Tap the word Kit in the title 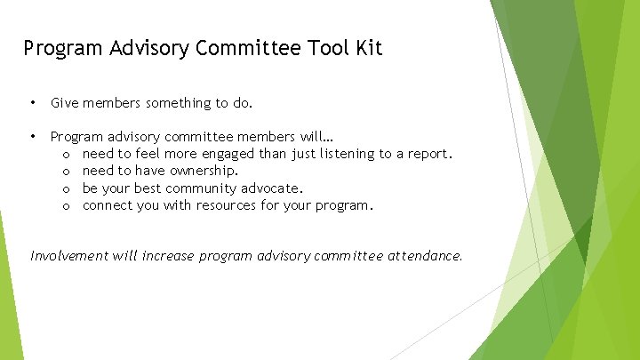tap(368, 48)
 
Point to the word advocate tap(272, 188)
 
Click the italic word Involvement tap(69, 256)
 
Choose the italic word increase tap(167, 256)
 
